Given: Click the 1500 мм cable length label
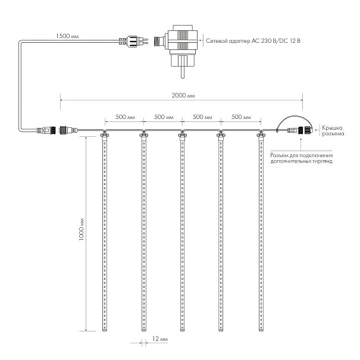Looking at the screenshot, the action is tap(67, 36).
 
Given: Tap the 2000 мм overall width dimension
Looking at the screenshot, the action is tap(183, 95).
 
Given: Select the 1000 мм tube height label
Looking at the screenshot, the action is tap(82, 229).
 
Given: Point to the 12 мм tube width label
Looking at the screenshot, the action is tap(160, 339).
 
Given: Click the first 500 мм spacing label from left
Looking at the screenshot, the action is tap(125, 117).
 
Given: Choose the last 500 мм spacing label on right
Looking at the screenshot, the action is tap(241, 117).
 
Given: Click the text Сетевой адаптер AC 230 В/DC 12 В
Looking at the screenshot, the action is tap(253, 41).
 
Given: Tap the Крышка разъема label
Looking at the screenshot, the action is tap(333, 131).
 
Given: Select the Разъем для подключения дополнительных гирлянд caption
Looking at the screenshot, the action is tap(302, 158).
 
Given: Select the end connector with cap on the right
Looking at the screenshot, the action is tap(300, 131).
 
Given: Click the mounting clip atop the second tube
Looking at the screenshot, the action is tap(143, 135).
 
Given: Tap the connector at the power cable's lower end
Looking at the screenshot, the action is tap(46, 130).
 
